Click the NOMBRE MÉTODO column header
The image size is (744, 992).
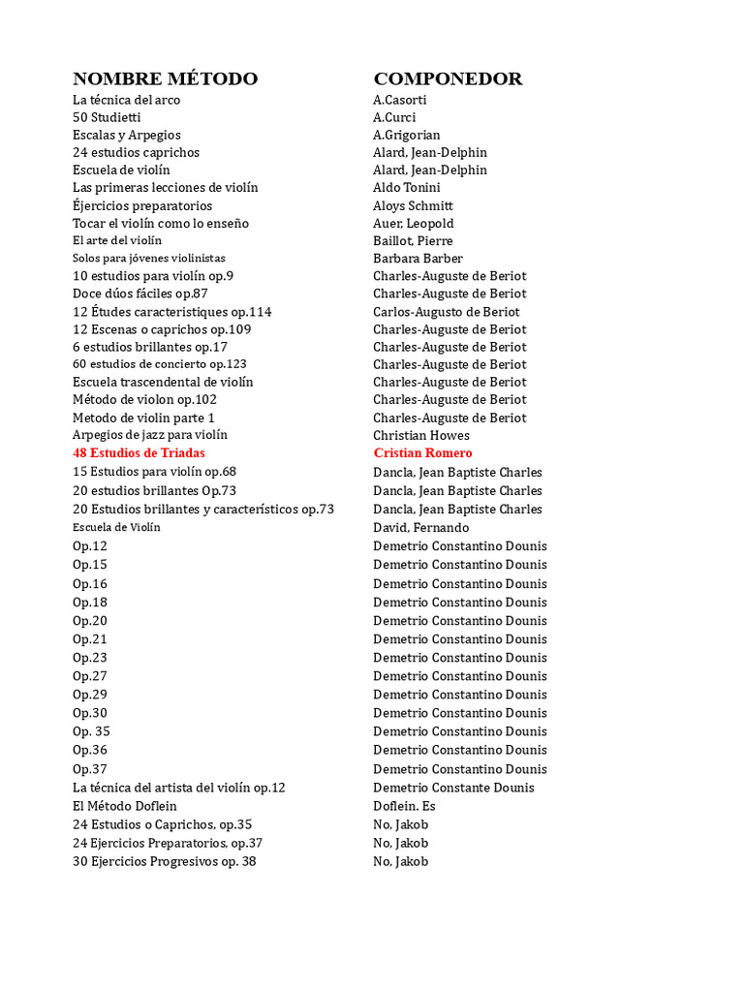point(165,78)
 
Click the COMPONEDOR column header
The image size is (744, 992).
point(448,78)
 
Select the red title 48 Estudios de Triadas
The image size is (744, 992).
point(139,452)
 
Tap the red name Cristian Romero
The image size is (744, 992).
point(422,452)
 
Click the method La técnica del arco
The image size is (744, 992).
point(126,100)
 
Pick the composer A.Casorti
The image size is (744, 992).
point(399,100)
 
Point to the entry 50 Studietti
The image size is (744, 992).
point(106,117)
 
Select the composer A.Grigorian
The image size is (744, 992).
point(406,135)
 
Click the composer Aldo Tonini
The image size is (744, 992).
point(406,187)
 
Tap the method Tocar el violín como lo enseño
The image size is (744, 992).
point(160,223)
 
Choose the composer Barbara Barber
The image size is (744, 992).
point(418,258)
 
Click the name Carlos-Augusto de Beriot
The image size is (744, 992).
point(446,312)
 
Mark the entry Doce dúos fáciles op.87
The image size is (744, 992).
point(139,293)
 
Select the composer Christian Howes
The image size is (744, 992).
point(420,435)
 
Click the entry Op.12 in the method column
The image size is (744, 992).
point(90,545)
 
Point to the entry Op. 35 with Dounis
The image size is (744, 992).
point(91,731)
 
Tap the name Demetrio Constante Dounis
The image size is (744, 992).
point(453,788)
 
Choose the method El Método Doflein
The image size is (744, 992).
point(124,806)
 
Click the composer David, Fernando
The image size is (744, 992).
point(420,527)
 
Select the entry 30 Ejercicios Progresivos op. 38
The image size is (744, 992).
point(164,861)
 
